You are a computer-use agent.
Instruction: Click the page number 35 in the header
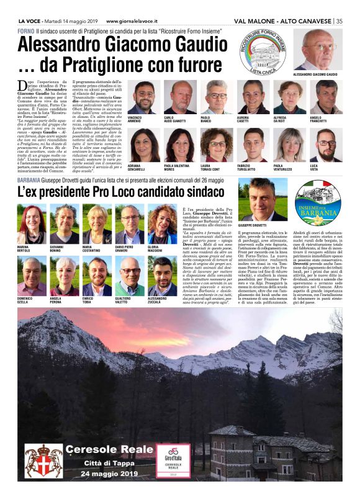click(x=339, y=21)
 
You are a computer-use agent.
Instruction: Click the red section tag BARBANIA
click(x=30, y=181)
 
